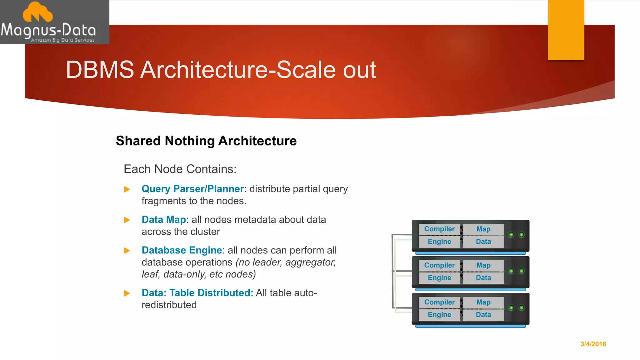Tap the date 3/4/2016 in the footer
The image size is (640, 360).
pos(593,344)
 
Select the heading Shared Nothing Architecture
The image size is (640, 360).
pos(206,141)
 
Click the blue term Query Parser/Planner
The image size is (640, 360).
pos(192,189)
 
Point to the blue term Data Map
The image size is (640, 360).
pos(164,220)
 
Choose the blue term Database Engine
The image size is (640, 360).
pos(182,250)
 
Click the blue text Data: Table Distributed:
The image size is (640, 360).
pos(197,293)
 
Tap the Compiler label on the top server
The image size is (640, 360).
pos(439,229)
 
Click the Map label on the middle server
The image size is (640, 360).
pos(483,265)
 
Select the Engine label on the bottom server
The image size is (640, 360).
pos(439,315)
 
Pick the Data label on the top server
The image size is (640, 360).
pos(483,242)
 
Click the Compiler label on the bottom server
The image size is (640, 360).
pos(439,302)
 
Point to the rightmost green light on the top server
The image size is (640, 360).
pos(522,235)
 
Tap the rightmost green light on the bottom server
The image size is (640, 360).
pos(522,308)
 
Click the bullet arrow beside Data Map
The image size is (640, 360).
pos(127,220)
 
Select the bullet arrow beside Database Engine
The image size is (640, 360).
pos(127,251)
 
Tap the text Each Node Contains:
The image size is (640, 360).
pos(180,169)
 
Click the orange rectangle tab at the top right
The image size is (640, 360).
pos(566,30)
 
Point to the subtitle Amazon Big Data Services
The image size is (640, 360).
pos(62,40)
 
